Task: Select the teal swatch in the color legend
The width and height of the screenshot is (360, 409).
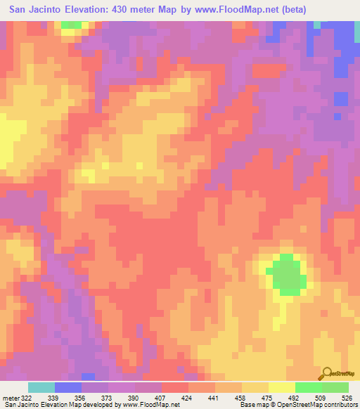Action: point(41,387)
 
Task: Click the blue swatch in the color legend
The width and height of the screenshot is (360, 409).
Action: point(68,387)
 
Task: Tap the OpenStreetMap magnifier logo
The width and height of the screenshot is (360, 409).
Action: point(327,373)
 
